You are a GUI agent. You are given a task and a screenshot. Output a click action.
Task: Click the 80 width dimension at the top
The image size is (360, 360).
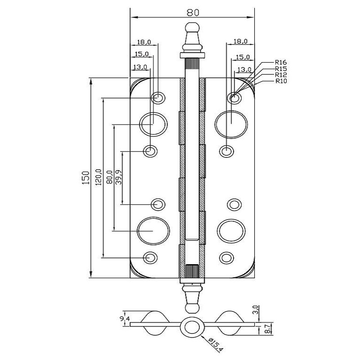pyautogui.click(x=193, y=13)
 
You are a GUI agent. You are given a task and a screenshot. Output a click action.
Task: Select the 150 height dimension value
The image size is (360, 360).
pyautogui.click(x=86, y=178)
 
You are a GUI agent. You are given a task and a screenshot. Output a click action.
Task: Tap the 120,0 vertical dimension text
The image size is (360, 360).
pyautogui.click(x=99, y=177)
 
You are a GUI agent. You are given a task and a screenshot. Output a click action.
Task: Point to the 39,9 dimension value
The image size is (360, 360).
pyautogui.click(x=119, y=177)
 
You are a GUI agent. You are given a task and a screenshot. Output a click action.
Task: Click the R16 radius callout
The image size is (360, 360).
pyautogui.click(x=281, y=62)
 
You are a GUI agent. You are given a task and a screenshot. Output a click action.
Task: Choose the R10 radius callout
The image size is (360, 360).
pyautogui.click(x=281, y=81)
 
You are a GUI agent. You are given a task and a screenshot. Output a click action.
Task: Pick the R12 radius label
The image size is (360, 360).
pyautogui.click(x=281, y=75)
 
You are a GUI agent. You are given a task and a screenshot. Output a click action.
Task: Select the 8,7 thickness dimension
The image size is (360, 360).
pyautogui.click(x=267, y=329)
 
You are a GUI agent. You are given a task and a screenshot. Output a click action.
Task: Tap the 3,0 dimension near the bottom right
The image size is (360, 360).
pyautogui.click(x=257, y=310)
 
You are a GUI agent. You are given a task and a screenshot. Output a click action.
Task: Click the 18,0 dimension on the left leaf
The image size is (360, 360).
pyautogui.click(x=144, y=42)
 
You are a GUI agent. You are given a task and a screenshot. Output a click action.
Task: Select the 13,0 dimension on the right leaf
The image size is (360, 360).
pyautogui.click(x=244, y=69)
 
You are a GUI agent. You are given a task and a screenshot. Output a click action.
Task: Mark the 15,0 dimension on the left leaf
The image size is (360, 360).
pyautogui.click(x=141, y=54)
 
